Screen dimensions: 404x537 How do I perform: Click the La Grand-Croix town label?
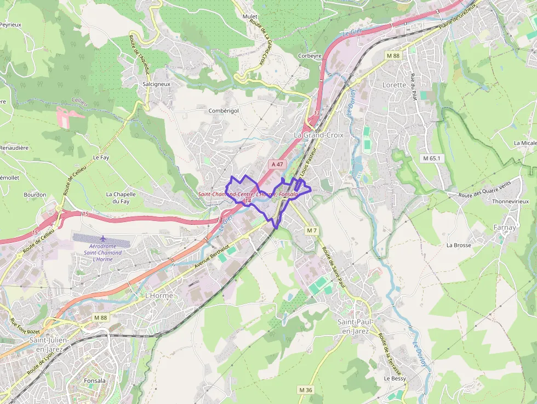318,135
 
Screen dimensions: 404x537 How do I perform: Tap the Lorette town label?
394,85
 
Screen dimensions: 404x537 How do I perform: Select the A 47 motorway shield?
277,164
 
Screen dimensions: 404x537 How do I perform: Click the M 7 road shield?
312,231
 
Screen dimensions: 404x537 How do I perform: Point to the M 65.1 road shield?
431,158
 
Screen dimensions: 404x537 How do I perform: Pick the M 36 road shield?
305,390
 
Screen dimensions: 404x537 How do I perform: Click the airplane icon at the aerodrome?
104,239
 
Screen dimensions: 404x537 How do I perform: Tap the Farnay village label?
504,227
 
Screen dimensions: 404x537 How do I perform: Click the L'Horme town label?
158,295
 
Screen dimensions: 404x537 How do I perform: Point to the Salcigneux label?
156,84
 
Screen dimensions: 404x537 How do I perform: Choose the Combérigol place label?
224,111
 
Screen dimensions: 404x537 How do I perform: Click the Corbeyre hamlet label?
309,56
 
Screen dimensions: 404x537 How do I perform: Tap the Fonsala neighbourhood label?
95,380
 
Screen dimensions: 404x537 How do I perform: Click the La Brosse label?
459,245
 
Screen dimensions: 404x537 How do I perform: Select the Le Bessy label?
395,378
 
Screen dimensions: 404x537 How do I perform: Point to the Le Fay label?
101,157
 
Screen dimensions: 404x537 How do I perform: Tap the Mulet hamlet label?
250,16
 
